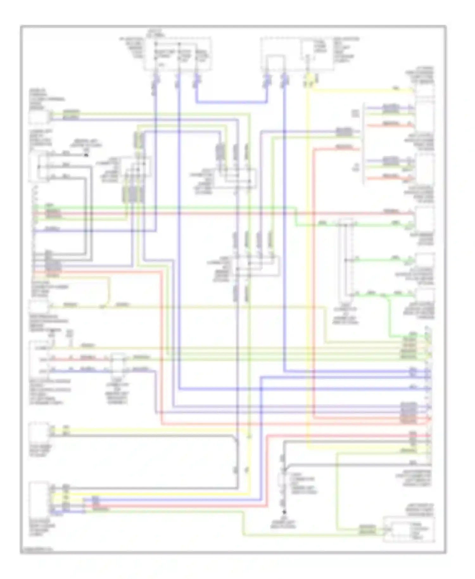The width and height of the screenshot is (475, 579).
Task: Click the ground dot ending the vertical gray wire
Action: click(284, 512)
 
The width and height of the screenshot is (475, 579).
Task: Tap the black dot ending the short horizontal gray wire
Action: click(86, 155)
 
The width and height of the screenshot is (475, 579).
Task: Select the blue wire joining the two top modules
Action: click(231, 102)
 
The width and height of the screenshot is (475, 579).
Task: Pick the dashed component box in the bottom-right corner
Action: click(408, 529)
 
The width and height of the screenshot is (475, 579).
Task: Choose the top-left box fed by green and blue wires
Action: click(39, 117)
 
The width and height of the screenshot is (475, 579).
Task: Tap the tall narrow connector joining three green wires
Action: click(346, 260)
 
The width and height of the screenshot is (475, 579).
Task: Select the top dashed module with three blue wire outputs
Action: click(178, 54)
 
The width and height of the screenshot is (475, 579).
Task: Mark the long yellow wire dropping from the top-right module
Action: click(307, 253)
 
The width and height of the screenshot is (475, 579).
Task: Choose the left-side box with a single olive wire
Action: click(39, 306)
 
